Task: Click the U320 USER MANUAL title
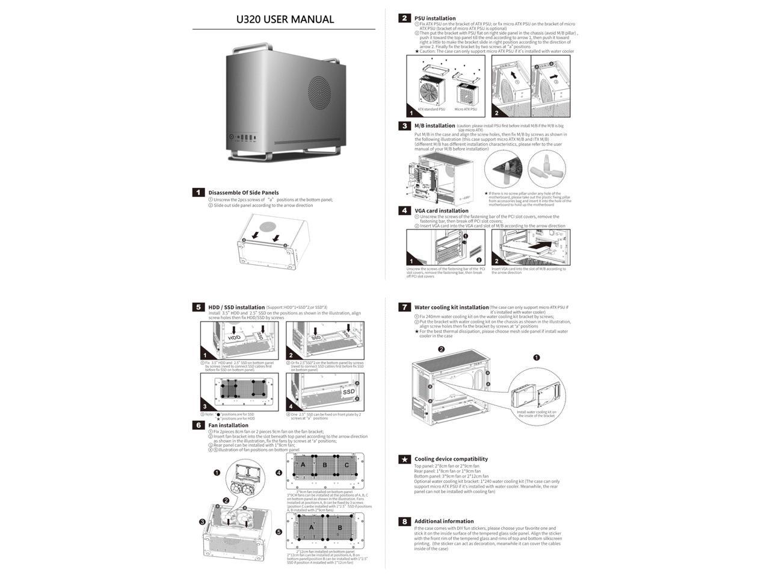coord(285,19)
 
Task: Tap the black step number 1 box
coord(199,192)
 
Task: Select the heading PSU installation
coord(435,18)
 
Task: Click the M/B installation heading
coord(434,126)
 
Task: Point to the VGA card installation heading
coord(441,211)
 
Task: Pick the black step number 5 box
coord(199,307)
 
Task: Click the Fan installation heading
coord(229,425)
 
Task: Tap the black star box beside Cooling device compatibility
coord(405,459)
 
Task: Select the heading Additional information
coord(444,521)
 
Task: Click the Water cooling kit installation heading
coord(451,307)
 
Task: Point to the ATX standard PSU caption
coord(431,110)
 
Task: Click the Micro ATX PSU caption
coord(466,110)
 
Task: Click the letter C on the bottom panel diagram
coord(346,465)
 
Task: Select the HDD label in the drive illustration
coord(234,338)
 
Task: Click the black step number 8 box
coord(405,521)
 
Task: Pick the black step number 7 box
coord(405,307)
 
